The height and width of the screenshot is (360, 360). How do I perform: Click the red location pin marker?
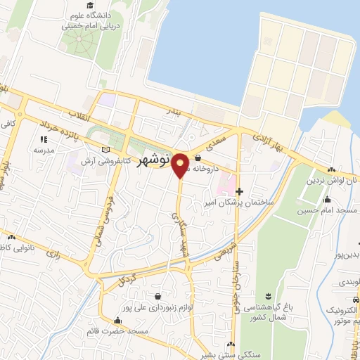pyautogui.click(x=180, y=165)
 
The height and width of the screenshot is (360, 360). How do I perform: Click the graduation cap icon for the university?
pyautogui.click(x=91, y=6)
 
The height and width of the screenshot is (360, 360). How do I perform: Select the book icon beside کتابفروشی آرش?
pyautogui.click(x=106, y=149)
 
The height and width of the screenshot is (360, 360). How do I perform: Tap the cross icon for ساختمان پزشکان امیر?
pyautogui.click(x=240, y=191)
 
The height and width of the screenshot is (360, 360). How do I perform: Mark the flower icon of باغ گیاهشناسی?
pyautogui.click(x=268, y=295)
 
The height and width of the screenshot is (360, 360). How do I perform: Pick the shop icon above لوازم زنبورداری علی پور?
pyautogui.click(x=156, y=296)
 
